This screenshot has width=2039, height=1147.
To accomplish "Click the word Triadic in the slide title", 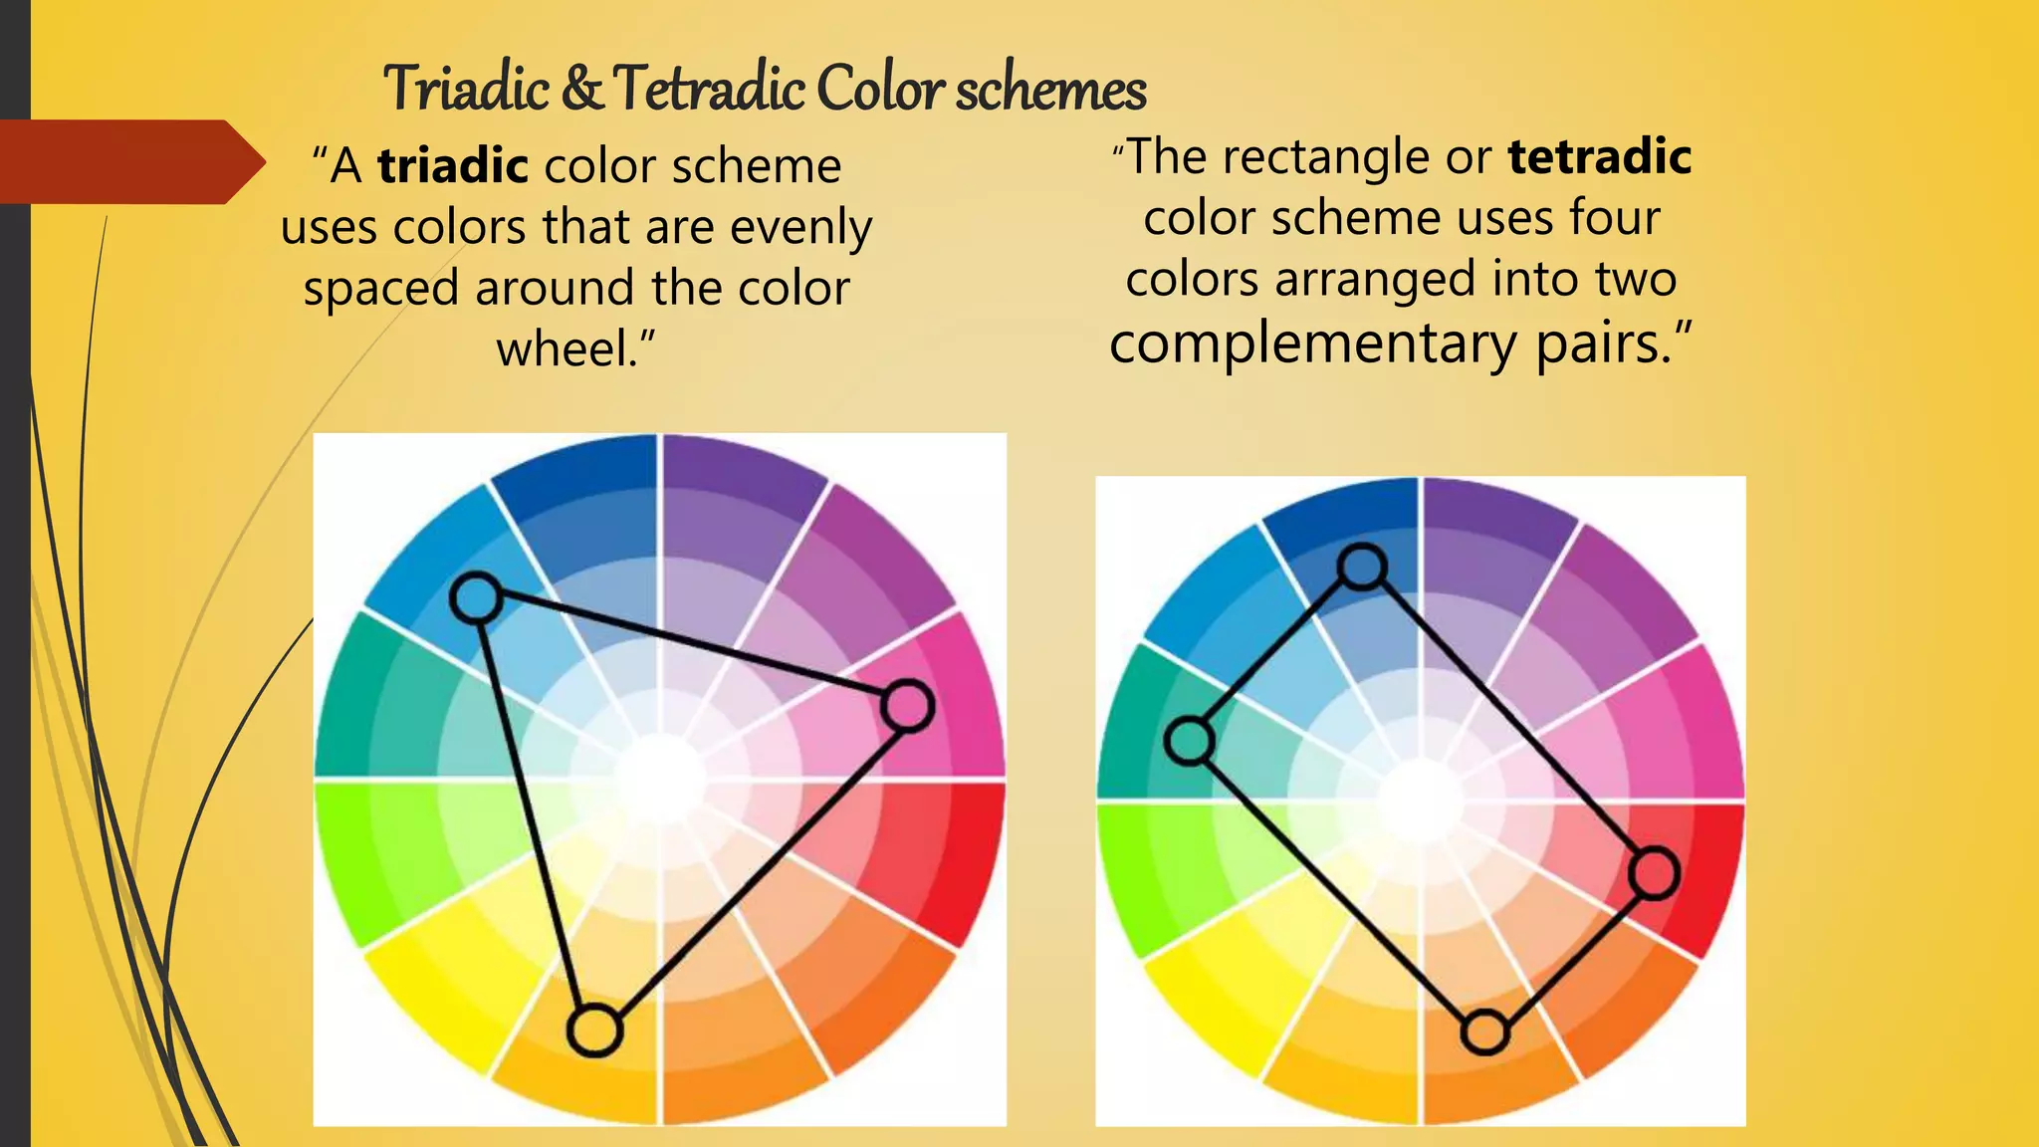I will (466, 89).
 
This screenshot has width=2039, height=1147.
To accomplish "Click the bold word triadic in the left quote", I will (453, 165).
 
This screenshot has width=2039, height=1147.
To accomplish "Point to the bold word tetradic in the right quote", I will (1599, 156).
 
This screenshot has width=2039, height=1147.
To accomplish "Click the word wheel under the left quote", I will (567, 348).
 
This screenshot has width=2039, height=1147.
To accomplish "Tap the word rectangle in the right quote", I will (1357, 157).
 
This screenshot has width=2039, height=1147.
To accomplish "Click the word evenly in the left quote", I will (800, 227).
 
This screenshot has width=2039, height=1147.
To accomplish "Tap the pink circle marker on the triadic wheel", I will (907, 706).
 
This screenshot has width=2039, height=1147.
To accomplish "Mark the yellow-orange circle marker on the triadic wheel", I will (594, 1031).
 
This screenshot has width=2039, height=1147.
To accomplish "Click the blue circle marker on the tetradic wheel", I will (1362, 567).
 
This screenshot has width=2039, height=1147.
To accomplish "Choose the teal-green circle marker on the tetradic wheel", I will (1190, 741).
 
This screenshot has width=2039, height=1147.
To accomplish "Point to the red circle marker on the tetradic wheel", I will (1654, 874).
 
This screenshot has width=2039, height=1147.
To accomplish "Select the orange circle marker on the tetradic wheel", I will (1484, 1032).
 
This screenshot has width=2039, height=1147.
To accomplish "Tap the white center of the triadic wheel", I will (659, 780).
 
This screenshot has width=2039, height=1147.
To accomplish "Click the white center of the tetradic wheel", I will (1421, 801).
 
